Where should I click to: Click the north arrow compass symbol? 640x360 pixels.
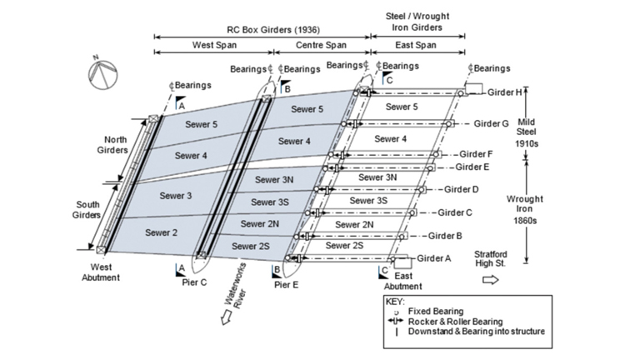click(101, 73)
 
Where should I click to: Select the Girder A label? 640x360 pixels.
click(433, 258)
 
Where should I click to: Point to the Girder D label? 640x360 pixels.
click(461, 189)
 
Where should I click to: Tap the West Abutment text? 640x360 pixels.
click(101, 272)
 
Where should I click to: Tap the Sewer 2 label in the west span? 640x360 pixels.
click(161, 232)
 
